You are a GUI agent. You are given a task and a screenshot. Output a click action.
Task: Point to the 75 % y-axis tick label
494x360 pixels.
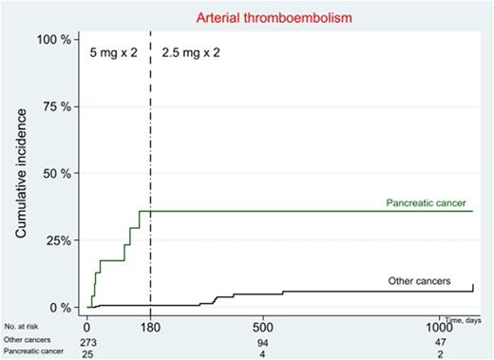[54, 106]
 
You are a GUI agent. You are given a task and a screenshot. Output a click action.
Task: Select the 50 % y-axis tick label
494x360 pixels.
[54, 174]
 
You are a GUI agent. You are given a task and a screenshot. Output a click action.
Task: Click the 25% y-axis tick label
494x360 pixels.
[55, 240]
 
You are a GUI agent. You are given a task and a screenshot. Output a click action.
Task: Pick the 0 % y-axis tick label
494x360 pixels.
[57, 308]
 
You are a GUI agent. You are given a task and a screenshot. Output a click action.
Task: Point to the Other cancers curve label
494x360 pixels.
[417, 281]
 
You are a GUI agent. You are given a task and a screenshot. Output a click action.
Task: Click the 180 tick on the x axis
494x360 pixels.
[150, 327]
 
